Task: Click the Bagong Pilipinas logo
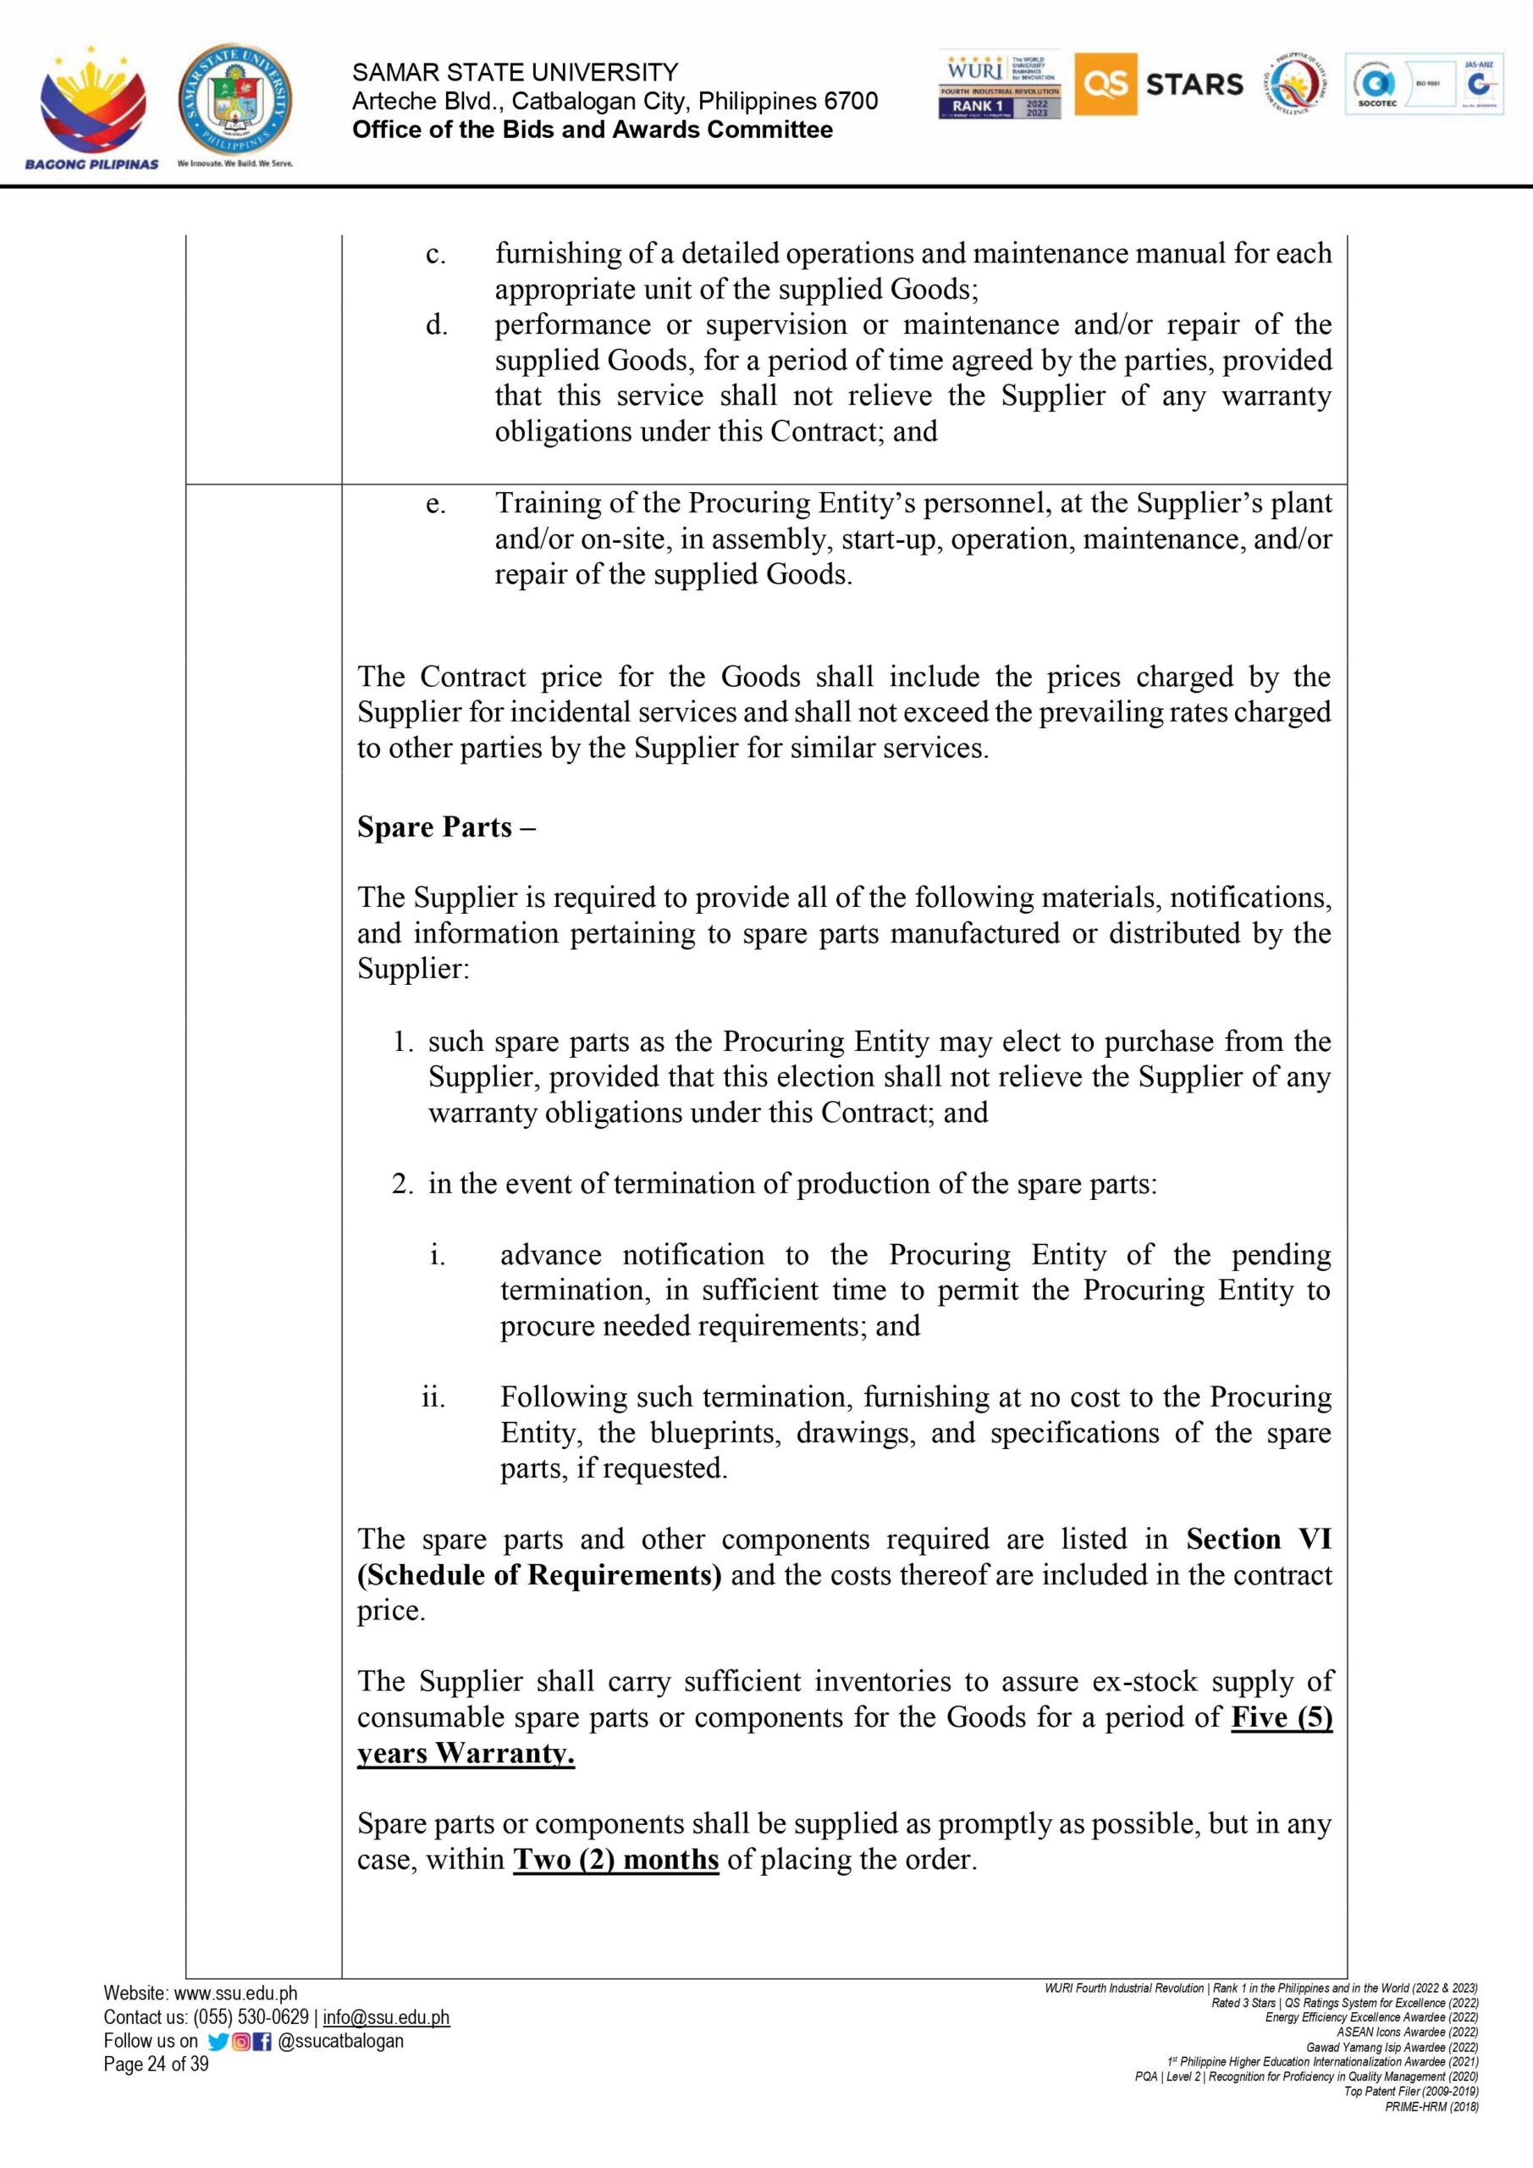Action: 92,108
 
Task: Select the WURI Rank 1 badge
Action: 1000,85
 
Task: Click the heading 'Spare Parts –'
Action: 446,827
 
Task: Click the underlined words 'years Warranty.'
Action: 466,1754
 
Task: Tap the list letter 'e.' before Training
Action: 435,504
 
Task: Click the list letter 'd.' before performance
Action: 435,326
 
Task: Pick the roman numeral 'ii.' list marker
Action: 433,1397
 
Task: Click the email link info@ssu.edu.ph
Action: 386,2017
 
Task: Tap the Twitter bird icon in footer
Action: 217,2040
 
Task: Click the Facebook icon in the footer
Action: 261,2040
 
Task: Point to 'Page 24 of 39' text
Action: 156,2064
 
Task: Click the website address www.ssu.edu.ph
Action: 235,1994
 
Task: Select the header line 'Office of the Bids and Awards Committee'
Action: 592,130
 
